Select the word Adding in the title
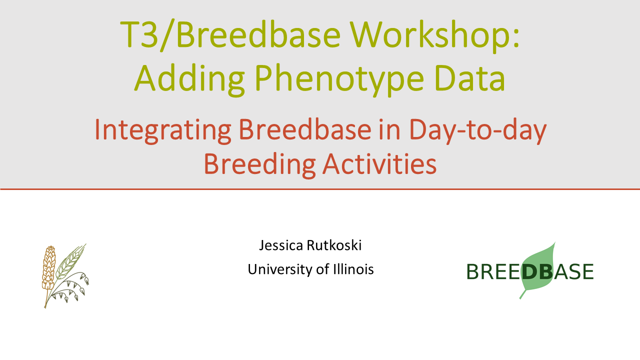189,79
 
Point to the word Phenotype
339,79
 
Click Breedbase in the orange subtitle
305,129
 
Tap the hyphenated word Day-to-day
477,131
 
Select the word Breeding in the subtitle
259,165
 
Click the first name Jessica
281,245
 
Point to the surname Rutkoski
334,245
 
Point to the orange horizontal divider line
320,189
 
